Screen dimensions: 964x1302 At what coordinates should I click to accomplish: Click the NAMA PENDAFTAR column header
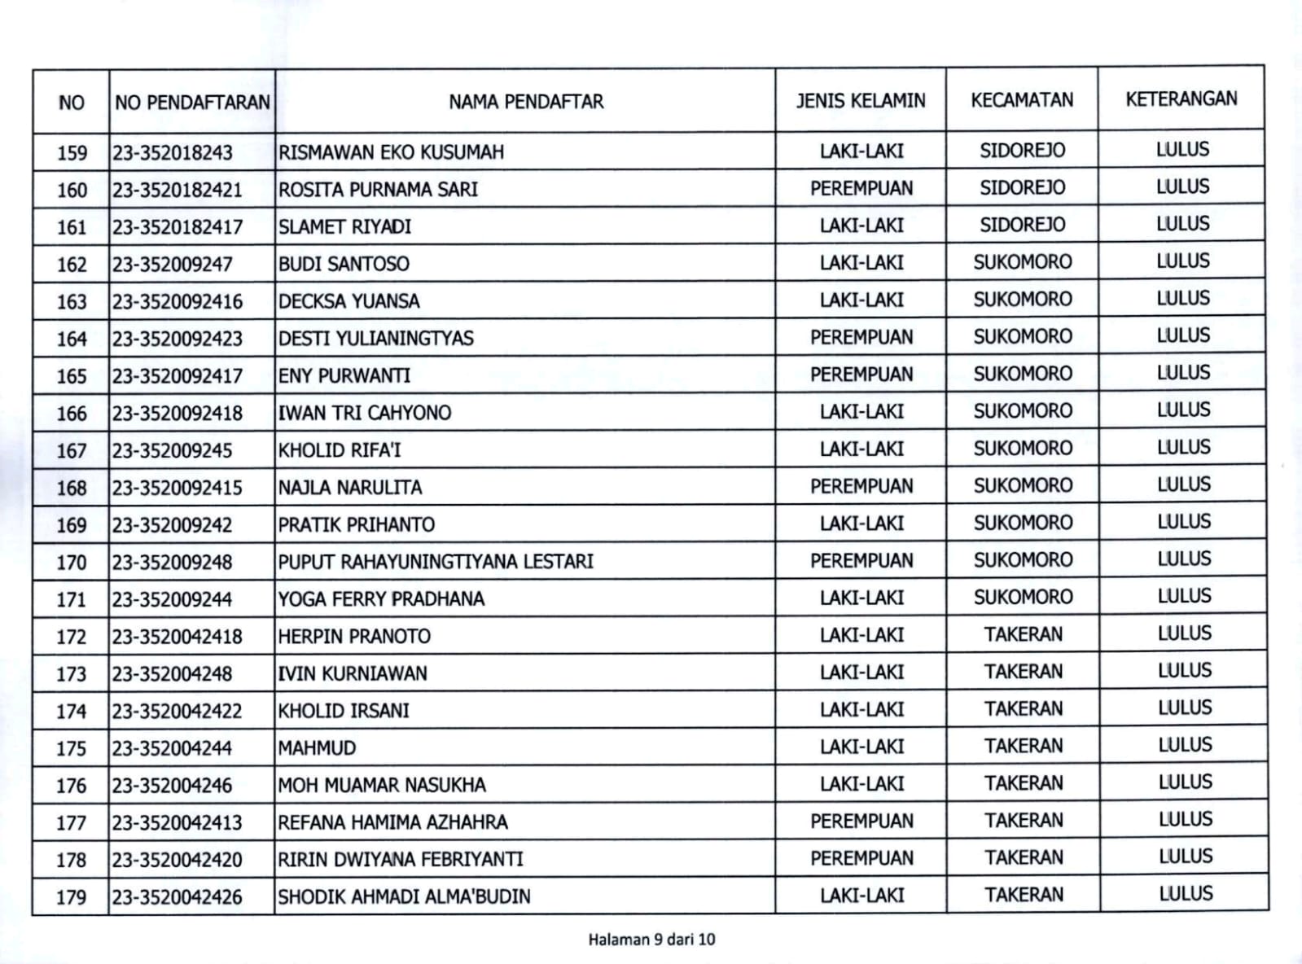tap(526, 102)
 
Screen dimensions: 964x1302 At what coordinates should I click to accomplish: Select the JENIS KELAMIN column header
tap(861, 100)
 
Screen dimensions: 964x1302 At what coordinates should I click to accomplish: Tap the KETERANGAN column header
tap(1181, 99)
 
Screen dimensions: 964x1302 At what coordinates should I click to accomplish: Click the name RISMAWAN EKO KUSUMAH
tap(391, 152)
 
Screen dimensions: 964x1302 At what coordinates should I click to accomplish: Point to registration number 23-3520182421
tap(178, 190)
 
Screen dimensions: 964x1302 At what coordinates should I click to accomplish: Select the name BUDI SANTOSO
tap(344, 264)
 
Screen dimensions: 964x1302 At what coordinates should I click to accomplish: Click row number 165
tap(71, 376)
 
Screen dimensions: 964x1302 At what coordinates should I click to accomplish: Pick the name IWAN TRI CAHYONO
tap(364, 413)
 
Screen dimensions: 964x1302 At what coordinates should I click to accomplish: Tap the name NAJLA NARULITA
tap(350, 488)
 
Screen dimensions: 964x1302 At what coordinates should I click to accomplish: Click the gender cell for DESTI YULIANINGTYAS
tap(861, 337)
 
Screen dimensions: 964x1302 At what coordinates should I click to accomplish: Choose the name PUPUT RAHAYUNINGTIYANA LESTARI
tap(436, 562)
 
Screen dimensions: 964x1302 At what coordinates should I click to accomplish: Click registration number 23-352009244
tap(172, 600)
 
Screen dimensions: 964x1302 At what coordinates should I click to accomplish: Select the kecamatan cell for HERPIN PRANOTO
tap(1023, 634)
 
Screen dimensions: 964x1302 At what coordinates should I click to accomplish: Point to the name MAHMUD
tap(317, 748)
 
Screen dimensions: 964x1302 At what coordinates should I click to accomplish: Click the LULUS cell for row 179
tap(1185, 894)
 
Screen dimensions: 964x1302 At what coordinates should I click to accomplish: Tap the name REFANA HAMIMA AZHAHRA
tap(392, 822)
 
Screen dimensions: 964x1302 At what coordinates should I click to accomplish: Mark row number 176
tap(71, 786)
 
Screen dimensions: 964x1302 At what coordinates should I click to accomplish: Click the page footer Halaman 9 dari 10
tap(651, 940)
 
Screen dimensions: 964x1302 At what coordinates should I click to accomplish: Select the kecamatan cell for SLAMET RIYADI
tap(1022, 225)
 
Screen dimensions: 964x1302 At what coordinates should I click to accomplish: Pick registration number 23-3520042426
tap(178, 897)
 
